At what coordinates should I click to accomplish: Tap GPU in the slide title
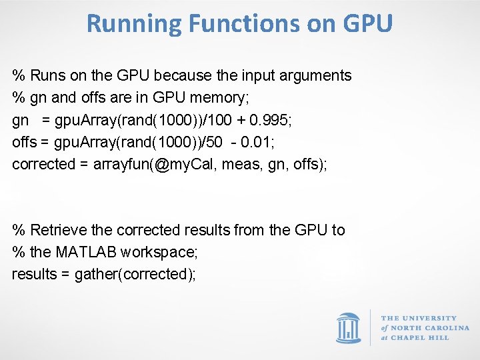tap(367, 24)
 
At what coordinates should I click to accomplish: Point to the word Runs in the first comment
tap(47, 76)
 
